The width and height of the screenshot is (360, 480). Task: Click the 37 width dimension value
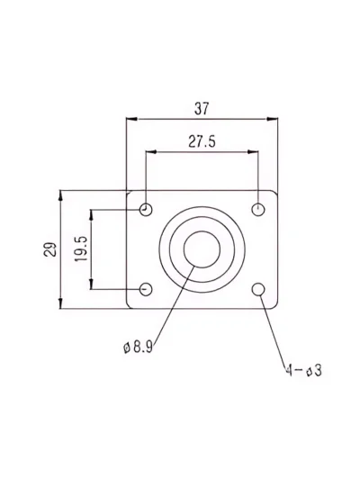click(x=202, y=109)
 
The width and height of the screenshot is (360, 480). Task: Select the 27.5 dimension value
click(x=202, y=141)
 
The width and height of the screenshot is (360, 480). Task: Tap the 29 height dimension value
click(x=50, y=249)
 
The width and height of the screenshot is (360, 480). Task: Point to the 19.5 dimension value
click(x=81, y=249)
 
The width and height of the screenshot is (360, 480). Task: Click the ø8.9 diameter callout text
click(x=138, y=347)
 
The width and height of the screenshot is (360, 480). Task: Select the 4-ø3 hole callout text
click(x=303, y=370)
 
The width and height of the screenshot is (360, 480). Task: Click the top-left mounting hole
click(x=146, y=210)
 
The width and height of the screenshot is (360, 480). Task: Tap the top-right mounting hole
click(x=258, y=210)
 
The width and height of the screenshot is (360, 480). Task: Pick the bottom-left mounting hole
click(x=146, y=289)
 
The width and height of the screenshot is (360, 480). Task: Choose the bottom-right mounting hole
click(x=258, y=289)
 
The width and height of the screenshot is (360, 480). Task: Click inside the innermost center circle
click(x=202, y=249)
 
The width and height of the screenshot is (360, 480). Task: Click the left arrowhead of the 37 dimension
click(x=131, y=119)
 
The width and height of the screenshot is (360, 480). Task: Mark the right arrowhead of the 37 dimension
click(x=272, y=119)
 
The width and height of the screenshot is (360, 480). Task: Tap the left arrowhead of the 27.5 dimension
click(x=151, y=152)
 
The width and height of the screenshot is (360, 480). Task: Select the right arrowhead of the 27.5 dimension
click(x=253, y=151)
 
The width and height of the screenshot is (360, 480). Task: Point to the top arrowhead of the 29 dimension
click(x=60, y=195)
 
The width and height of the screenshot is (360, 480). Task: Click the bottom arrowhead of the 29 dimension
click(x=60, y=303)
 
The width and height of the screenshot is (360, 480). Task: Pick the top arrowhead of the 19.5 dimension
click(x=91, y=215)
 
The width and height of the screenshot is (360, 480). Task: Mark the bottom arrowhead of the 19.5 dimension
click(x=91, y=284)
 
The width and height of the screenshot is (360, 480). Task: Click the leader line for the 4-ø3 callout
click(x=274, y=330)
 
